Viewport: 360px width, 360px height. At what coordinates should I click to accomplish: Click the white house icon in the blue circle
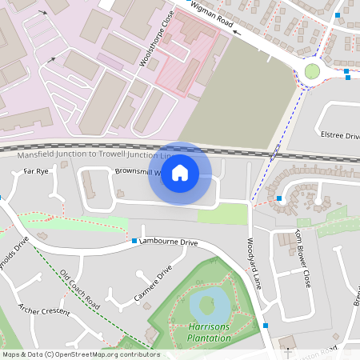(x=180, y=173)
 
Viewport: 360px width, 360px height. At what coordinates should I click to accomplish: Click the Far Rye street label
(x=36, y=171)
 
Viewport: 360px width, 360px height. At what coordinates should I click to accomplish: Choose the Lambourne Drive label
(x=168, y=242)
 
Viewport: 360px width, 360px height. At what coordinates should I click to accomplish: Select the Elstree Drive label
(x=339, y=135)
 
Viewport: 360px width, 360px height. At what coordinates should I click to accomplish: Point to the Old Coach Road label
(x=79, y=289)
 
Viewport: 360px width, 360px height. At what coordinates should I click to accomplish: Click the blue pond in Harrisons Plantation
(x=208, y=304)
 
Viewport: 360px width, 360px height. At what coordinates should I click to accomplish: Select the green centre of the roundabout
(x=312, y=71)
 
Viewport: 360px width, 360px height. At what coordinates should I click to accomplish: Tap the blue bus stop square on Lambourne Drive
(x=134, y=240)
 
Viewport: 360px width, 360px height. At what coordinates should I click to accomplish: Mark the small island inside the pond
(x=206, y=304)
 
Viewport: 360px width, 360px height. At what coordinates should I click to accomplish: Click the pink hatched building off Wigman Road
(x=186, y=56)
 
